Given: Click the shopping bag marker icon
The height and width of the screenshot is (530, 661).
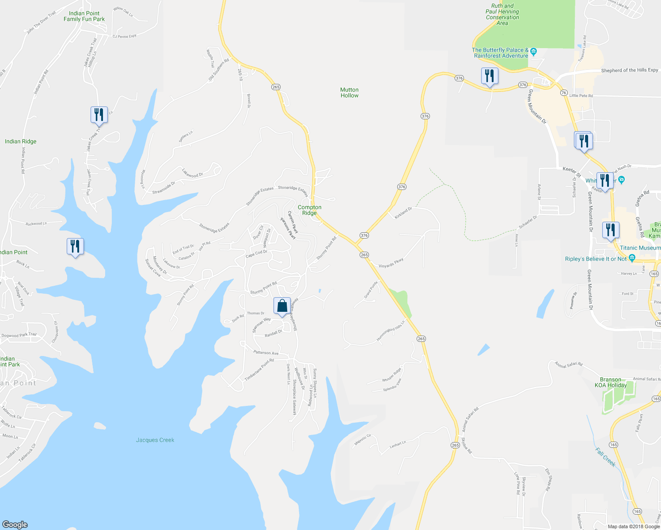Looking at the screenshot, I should (282, 306).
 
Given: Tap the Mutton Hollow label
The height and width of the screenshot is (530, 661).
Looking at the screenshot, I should (349, 93).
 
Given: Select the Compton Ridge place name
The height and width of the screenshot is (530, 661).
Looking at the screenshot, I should (309, 210).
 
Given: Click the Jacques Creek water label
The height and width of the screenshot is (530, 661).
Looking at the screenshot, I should (155, 440).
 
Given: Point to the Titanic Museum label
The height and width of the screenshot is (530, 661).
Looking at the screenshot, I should (640, 248).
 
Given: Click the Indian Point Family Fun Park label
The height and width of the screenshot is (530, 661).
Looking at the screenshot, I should (84, 16).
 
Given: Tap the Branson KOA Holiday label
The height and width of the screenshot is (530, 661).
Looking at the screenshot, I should (613, 382).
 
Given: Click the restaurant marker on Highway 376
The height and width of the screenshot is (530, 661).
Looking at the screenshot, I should (489, 76).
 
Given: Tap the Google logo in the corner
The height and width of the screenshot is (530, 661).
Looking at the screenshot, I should (15, 525).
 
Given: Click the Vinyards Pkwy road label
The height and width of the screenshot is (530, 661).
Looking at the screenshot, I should (391, 262).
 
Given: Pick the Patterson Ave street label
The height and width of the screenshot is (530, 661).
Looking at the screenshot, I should (266, 353).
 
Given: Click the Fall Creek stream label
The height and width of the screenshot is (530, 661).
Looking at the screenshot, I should (605, 457).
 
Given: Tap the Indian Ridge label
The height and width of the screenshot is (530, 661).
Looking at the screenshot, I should (20, 142).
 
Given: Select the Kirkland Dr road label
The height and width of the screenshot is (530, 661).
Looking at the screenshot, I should (403, 212).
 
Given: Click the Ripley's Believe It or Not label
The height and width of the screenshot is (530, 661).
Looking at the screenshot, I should (596, 259).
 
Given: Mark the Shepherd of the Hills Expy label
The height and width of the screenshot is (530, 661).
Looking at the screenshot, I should (629, 71).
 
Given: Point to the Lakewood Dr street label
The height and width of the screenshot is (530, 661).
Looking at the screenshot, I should (193, 173).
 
